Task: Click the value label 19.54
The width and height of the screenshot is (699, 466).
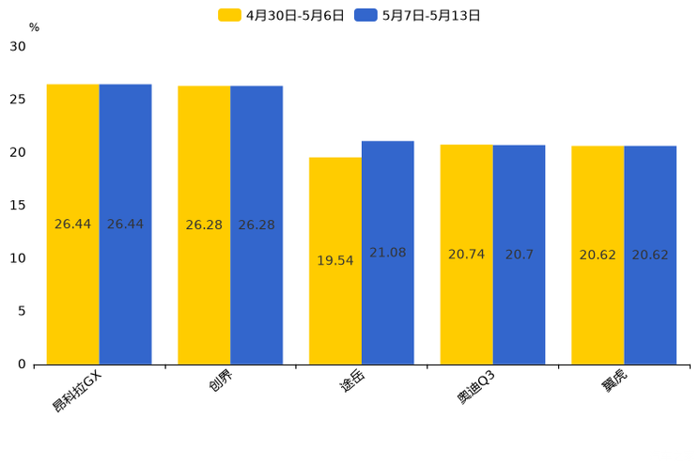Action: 335,260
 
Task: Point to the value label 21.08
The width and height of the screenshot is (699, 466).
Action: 387,253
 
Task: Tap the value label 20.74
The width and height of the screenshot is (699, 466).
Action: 466,255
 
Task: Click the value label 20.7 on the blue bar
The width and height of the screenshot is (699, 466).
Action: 519,255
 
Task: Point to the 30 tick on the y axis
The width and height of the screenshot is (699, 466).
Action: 18,46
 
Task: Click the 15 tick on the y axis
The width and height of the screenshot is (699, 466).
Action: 18,205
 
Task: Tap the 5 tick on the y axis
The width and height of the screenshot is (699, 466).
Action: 22,311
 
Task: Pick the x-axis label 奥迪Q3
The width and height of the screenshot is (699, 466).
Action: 476,386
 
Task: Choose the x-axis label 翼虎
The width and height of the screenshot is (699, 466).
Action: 615,382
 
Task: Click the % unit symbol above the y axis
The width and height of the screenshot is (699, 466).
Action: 34,28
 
